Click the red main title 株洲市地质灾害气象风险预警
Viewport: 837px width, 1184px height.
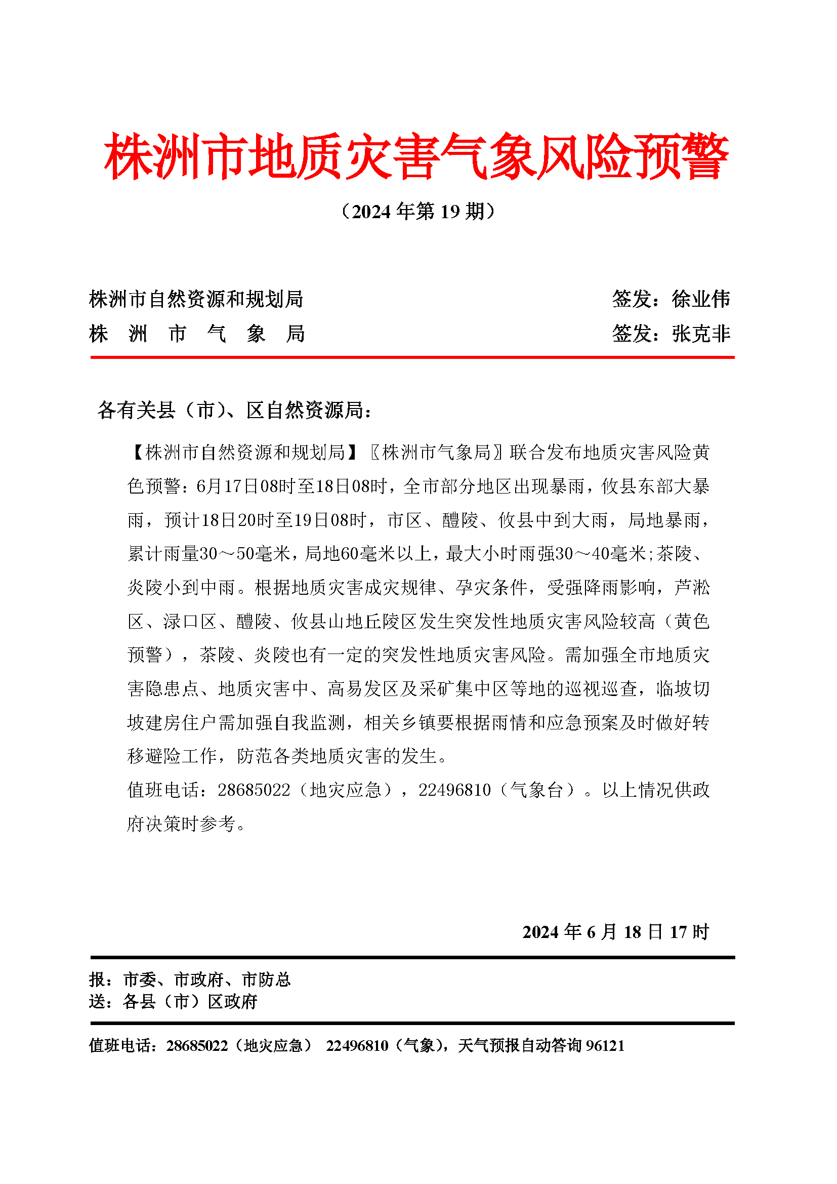416,156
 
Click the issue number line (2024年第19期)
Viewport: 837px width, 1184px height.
418,212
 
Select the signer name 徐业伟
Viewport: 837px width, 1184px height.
701,299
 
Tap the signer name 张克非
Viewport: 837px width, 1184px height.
701,334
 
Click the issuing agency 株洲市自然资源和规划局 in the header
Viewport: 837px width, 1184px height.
196,299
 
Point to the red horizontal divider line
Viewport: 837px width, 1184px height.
412,357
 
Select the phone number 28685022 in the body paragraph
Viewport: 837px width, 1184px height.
254,790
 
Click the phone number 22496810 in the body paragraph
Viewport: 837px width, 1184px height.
454,790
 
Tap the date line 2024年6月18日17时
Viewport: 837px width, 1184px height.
616,932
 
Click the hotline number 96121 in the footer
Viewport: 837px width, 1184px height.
606,1045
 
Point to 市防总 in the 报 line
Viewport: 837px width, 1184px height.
267,979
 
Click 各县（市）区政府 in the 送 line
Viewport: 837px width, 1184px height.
190,1001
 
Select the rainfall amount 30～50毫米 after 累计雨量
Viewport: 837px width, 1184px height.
245,554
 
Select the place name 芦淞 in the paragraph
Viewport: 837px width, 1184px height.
692,587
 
